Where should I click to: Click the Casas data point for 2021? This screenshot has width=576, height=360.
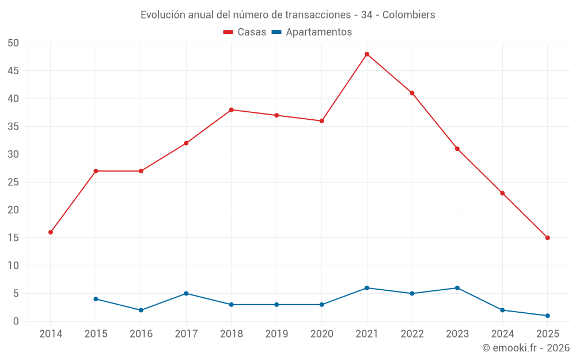coord(367,54)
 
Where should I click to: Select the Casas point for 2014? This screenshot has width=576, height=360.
coord(51,232)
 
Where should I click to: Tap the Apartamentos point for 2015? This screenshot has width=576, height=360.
coord(96,299)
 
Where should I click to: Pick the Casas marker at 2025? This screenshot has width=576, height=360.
coord(547,238)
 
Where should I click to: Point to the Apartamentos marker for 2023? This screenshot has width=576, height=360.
coord(457,288)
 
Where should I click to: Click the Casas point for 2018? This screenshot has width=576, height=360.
coord(231,109)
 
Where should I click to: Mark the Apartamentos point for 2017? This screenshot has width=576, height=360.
coord(186,293)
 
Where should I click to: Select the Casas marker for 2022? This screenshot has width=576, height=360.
coord(412,93)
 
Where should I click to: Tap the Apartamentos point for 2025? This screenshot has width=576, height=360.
coord(547,316)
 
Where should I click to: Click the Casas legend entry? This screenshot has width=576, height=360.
coord(245,32)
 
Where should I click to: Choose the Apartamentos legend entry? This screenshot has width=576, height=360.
coord(312,32)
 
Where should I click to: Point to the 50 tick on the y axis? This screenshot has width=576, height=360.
coord(13,43)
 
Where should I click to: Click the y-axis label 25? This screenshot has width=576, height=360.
coord(13,182)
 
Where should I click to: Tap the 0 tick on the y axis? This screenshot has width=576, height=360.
coord(16,321)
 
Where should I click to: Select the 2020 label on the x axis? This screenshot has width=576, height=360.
coord(321,334)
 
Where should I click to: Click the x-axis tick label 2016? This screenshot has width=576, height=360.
coord(141,334)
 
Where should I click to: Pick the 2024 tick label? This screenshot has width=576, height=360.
coord(502,334)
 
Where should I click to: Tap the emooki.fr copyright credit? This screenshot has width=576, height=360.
coord(526,348)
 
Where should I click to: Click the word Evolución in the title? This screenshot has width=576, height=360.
coord(163,14)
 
